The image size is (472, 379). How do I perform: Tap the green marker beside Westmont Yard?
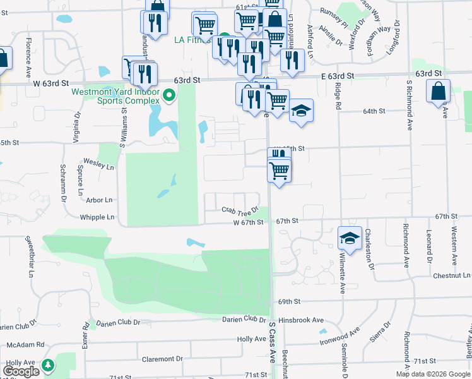point(168,96)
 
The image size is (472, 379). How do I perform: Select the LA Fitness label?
point(195,40)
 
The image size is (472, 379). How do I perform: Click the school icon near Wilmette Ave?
point(350,238)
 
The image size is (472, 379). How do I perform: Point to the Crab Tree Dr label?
point(240,210)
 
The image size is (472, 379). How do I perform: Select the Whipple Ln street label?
point(97,217)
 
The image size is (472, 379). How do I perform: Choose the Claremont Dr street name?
point(162,359)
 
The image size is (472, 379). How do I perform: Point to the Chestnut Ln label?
point(452,275)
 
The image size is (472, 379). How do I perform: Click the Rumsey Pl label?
point(334,19)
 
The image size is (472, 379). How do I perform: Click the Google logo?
point(21,371)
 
